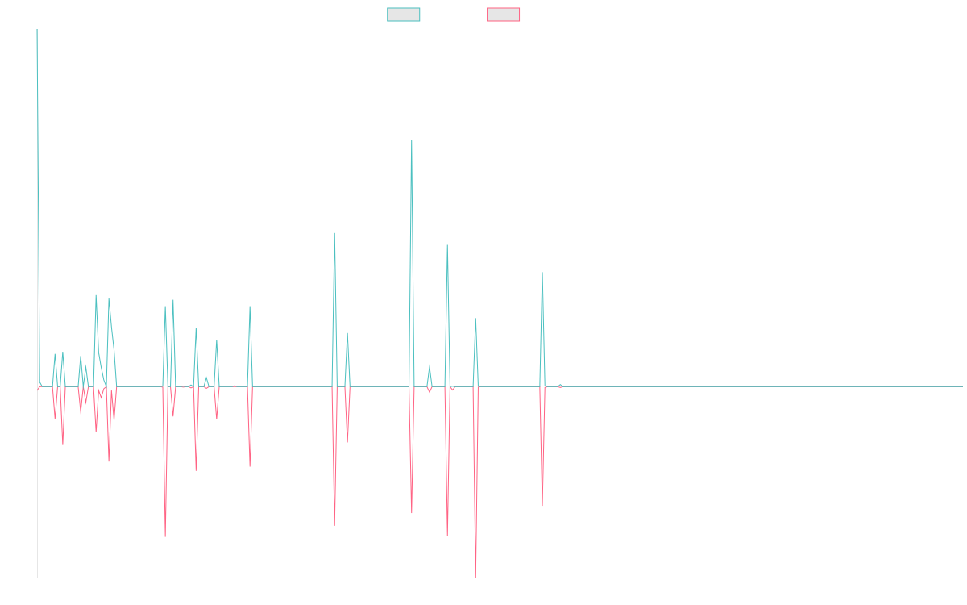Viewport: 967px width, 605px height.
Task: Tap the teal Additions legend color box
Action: click(404, 15)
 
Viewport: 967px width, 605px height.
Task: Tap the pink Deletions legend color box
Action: click(504, 15)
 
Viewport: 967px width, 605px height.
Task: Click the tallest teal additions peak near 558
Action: click(412, 141)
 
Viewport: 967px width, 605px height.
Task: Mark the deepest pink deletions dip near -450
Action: click(475, 576)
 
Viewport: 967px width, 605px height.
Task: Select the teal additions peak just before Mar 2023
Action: click(542, 273)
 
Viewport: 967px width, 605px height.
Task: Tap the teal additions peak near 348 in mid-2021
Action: click(334, 234)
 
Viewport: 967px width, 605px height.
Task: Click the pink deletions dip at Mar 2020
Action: click(165, 536)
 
